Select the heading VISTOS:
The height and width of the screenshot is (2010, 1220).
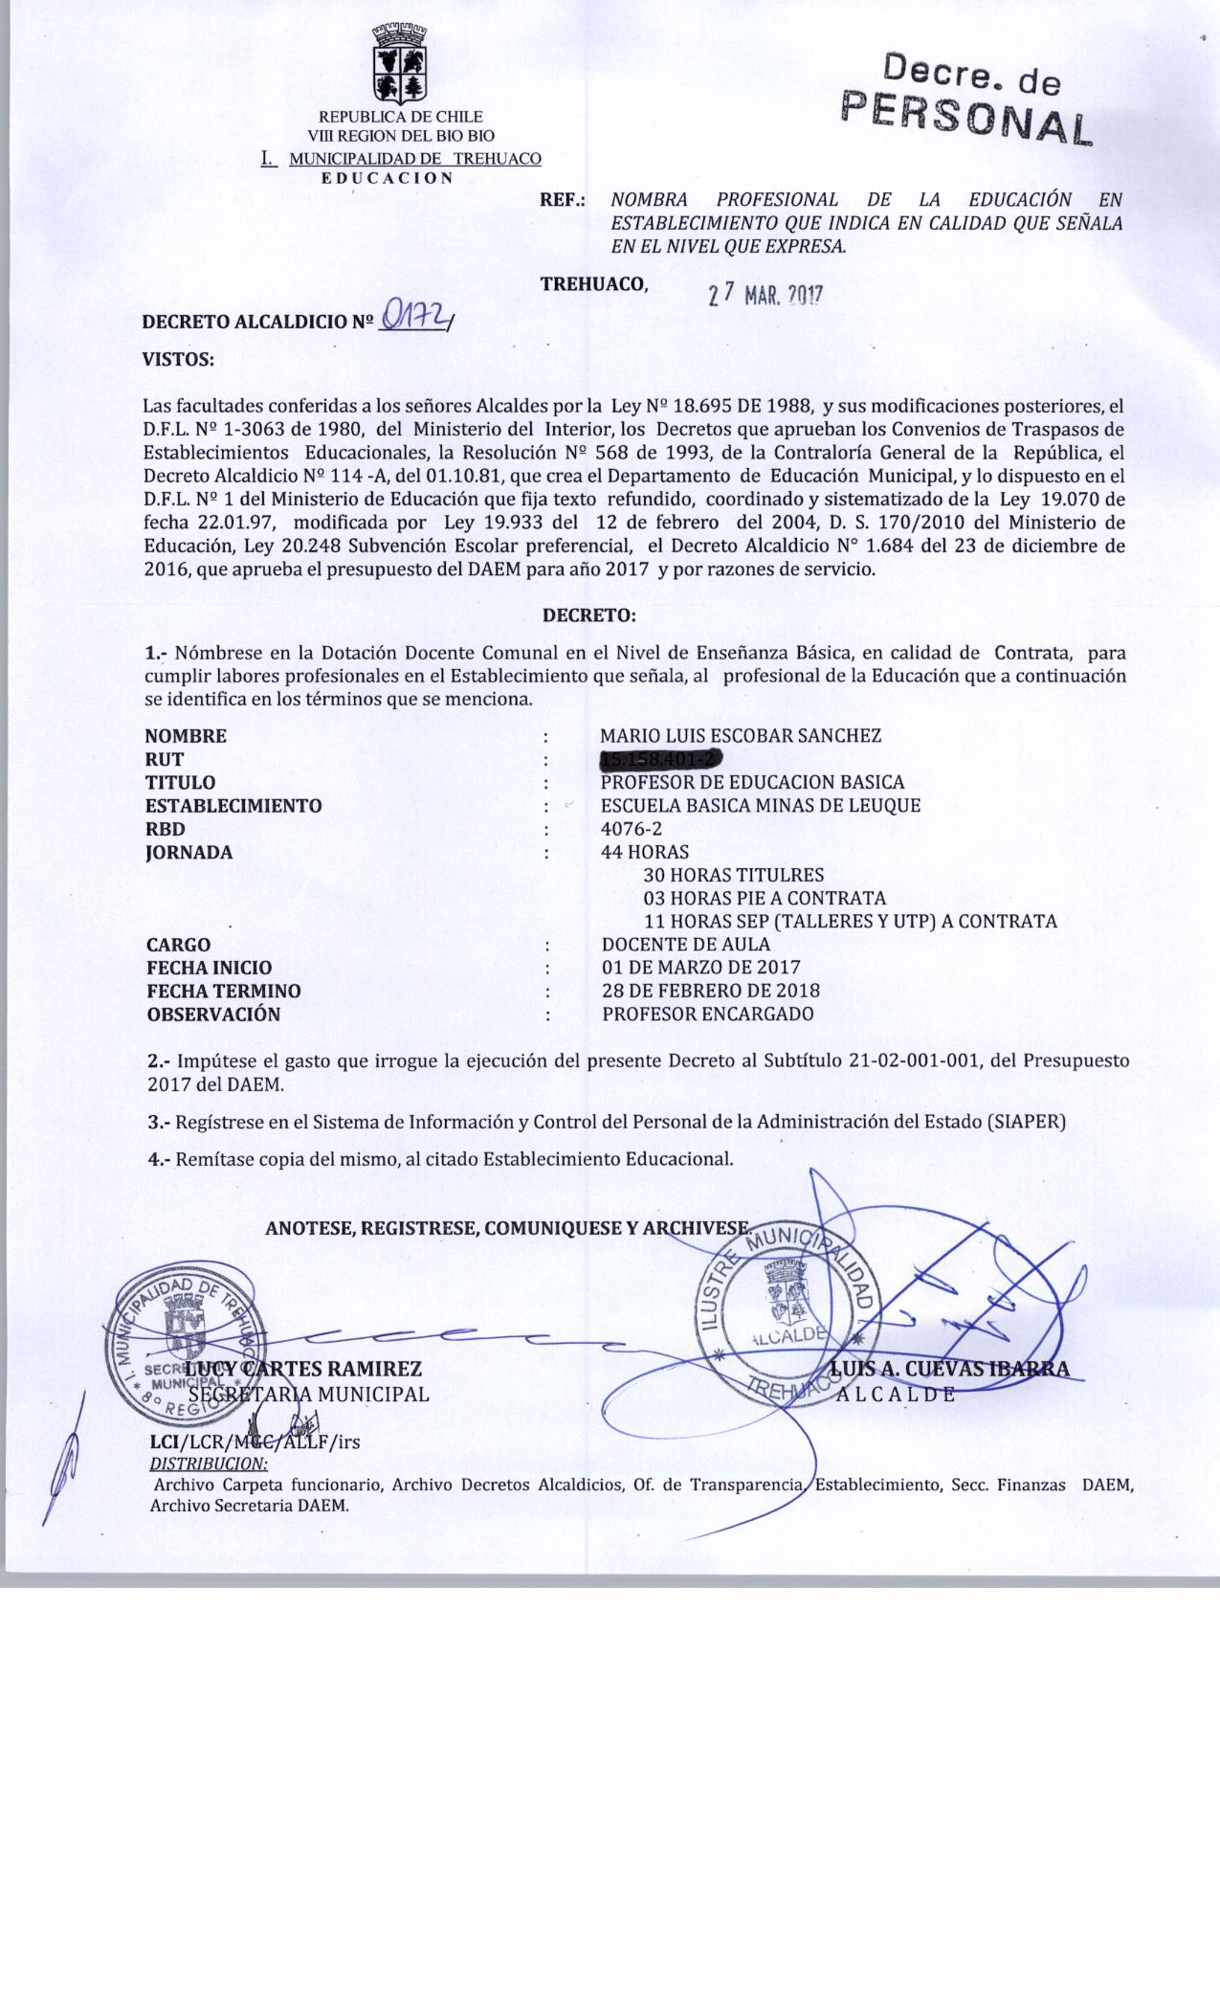[178, 360]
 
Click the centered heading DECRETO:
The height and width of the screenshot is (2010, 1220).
[588, 615]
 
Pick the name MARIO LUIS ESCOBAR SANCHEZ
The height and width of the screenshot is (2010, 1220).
[740, 736]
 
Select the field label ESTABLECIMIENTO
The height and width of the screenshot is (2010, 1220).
[233, 806]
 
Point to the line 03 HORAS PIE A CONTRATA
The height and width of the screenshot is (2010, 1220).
[765, 899]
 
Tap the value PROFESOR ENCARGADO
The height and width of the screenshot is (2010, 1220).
[708, 1015]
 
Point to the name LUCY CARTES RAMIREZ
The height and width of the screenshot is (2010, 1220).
[304, 1370]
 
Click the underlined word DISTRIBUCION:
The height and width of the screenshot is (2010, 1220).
[209, 1464]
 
